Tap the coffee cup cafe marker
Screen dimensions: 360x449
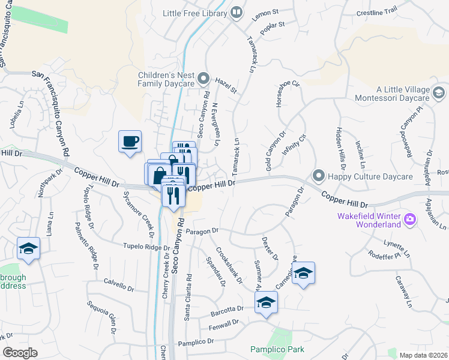pyautogui.click(x=130, y=142)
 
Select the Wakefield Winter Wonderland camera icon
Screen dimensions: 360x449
pyautogui.click(x=411, y=219)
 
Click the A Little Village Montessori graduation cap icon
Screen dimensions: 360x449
pyautogui.click(x=439, y=92)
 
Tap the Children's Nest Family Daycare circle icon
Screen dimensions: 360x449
pyautogui.click(x=203, y=79)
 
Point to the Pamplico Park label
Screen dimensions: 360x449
pyautogui.click(x=277, y=349)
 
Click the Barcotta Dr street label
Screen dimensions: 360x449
pyautogui.click(x=227, y=310)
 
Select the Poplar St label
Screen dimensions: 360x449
pyautogui.click(x=272, y=27)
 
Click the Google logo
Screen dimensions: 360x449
pyautogui.click(x=20, y=353)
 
